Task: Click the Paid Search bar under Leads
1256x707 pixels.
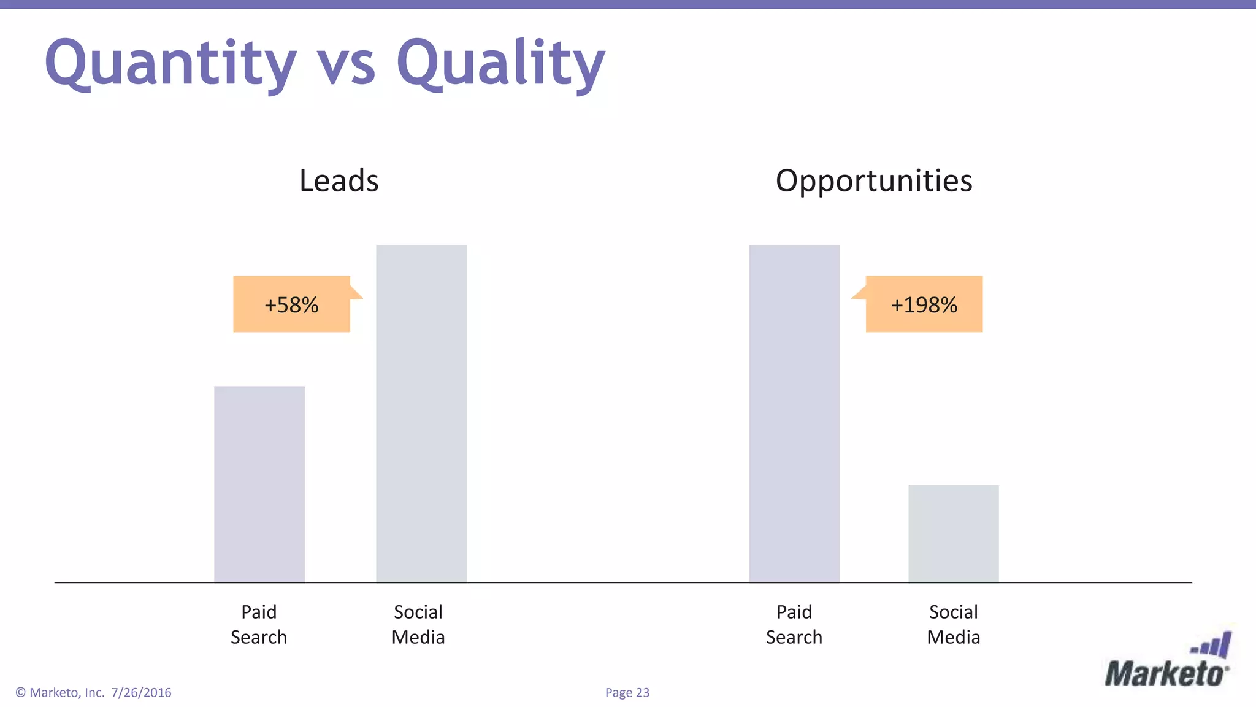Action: tap(259, 484)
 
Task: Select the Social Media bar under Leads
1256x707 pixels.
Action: tap(421, 414)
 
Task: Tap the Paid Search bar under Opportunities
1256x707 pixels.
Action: tap(794, 414)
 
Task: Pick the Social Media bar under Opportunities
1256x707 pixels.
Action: tap(954, 533)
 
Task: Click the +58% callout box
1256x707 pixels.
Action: tap(291, 304)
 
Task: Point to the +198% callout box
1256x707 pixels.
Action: tap(924, 304)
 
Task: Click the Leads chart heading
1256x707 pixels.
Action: tap(339, 180)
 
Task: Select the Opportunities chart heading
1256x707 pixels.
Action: tap(874, 180)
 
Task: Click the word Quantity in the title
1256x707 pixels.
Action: tap(170, 64)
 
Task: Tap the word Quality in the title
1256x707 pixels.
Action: tap(501, 64)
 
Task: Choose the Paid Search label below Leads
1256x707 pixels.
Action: tap(259, 624)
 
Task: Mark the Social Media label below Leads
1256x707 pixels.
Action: tap(418, 624)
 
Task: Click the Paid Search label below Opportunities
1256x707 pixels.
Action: tap(794, 624)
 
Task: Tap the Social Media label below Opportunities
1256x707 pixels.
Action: tap(954, 624)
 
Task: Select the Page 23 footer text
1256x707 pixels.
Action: tap(627, 692)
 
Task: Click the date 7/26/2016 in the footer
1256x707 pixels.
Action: tap(141, 692)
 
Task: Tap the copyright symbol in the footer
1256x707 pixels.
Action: tap(21, 692)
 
